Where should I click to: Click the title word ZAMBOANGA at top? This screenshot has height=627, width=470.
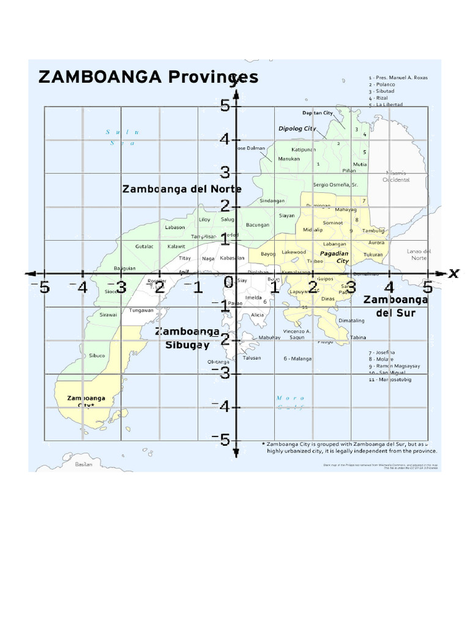coord(100,77)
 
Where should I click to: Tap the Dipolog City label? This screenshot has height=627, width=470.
coord(297,129)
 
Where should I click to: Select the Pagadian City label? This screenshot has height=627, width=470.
coord(335,257)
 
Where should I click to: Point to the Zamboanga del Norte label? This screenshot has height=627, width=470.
coord(182,189)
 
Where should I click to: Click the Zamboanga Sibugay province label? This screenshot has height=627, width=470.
coord(187,338)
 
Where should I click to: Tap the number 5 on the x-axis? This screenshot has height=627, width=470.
coord(427,287)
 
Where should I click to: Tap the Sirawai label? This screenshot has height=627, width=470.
coord(108,315)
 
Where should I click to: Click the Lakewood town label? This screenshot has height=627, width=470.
coord(294,252)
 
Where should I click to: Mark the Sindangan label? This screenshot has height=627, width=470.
coord(272,200)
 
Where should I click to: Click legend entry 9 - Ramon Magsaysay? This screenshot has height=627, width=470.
coord(394,366)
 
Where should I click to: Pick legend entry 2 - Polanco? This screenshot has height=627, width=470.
coord(382,84)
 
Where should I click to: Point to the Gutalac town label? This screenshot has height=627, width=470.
coord(144,246)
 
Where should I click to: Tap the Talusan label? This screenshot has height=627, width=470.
coord(252,358)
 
